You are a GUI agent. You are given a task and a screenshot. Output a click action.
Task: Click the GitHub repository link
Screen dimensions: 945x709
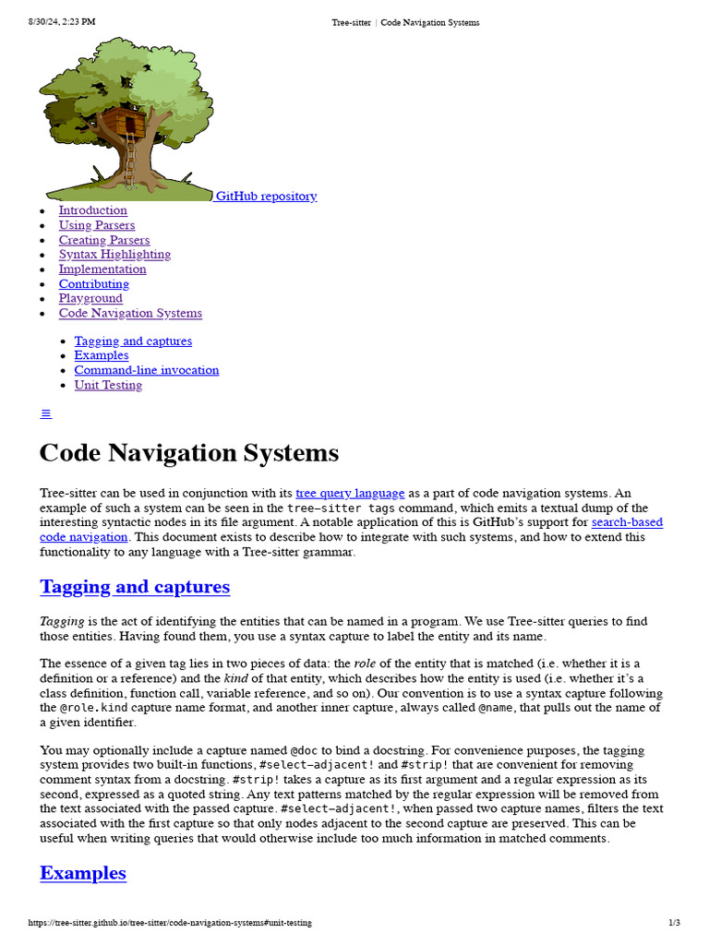pos(266,196)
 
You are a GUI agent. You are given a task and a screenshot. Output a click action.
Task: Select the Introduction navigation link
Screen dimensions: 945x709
pos(92,210)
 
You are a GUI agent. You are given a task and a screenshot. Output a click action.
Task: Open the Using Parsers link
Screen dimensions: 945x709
pos(96,225)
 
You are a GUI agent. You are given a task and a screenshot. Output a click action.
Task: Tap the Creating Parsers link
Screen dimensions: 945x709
pos(103,240)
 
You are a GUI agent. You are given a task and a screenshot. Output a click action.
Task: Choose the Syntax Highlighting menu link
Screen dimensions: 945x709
pos(114,255)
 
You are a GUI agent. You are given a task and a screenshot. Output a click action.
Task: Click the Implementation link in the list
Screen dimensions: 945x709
pos(102,269)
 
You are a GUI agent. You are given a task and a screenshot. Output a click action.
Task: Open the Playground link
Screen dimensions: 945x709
pos(90,298)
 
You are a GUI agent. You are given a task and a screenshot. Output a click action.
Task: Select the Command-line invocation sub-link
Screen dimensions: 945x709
pos(146,370)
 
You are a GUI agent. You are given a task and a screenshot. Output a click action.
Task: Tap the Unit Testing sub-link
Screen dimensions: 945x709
pos(108,385)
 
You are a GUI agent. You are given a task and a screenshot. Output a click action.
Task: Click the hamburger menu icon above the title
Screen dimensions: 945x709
pos(46,413)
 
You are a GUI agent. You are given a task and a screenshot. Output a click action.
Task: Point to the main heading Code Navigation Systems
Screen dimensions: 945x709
pos(188,453)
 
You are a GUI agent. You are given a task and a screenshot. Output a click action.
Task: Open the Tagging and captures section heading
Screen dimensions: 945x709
pos(135,587)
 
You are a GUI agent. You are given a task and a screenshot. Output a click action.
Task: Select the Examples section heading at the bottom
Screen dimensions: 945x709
pos(83,873)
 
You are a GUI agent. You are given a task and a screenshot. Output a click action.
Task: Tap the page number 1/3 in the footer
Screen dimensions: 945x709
pos(674,923)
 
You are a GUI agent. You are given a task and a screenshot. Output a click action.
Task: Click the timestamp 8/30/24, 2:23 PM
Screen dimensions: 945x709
pos(62,22)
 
